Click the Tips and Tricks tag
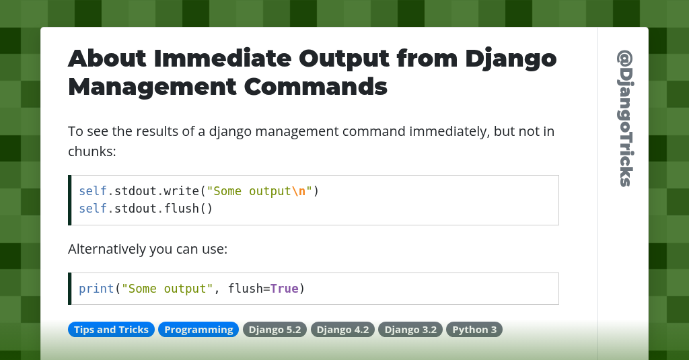point(111,330)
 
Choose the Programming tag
point(198,330)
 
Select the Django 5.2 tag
point(275,330)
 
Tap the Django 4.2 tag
point(343,330)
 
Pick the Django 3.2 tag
point(410,330)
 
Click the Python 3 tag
point(474,330)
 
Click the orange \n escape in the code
point(299,191)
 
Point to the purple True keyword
point(284,289)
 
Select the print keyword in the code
point(96,289)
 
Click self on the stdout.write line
point(93,191)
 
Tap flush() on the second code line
point(189,209)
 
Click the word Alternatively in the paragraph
point(106,250)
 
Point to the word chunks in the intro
point(91,151)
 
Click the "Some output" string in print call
point(167,289)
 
